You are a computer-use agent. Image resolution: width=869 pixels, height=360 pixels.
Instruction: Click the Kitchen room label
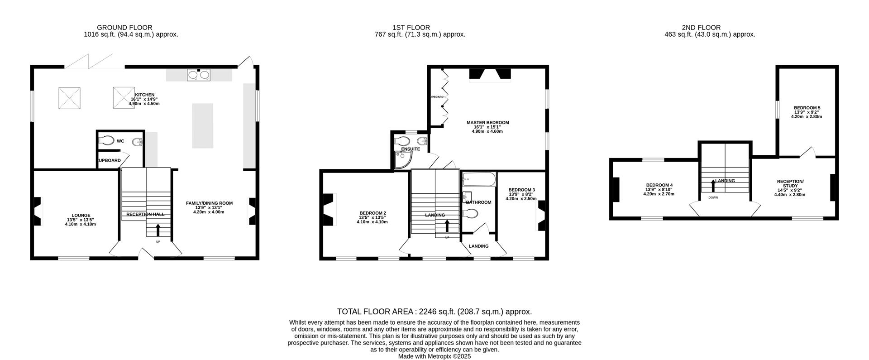145,95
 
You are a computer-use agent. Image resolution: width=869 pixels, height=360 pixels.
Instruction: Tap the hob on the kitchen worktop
199,74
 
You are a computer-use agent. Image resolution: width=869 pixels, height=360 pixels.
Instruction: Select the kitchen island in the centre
202,125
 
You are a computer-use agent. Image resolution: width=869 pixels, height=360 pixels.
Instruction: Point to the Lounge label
81,216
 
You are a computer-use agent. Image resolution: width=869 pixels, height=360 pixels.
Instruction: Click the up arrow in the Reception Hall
158,230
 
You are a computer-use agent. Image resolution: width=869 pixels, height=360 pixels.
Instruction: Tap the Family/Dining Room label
209,203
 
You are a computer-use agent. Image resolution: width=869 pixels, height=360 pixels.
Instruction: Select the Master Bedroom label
487,123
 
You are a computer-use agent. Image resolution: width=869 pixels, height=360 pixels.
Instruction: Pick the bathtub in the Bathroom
479,180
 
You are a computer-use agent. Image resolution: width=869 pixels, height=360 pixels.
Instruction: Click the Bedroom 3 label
521,190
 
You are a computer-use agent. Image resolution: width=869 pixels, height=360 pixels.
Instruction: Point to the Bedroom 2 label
372,213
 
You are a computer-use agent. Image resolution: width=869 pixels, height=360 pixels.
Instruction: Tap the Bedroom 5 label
807,108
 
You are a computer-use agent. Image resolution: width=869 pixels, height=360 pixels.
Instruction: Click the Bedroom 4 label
659,185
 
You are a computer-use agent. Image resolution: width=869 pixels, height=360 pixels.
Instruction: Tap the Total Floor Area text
434,312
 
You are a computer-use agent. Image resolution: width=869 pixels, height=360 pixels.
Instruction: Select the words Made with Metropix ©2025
434,356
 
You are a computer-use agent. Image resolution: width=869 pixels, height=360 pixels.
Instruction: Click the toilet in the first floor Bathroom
472,213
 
